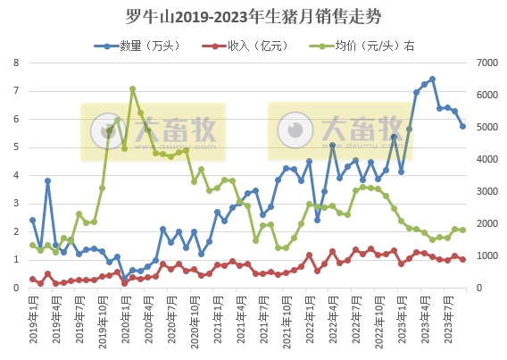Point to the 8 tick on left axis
point(16,63)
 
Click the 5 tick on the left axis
point(16,147)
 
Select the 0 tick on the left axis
point(16,289)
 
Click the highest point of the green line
point(132,88)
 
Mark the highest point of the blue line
point(432,79)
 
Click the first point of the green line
point(32,245)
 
